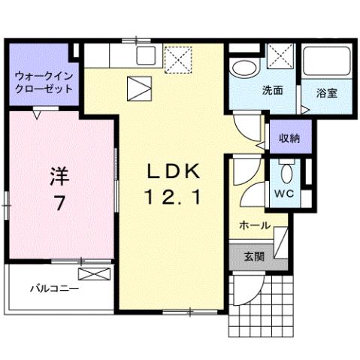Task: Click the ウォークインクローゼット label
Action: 43,82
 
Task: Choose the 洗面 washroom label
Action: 272,91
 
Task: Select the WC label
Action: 284,194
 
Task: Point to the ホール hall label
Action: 255,225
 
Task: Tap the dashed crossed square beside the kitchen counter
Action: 178,59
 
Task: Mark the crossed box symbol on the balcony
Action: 93,274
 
